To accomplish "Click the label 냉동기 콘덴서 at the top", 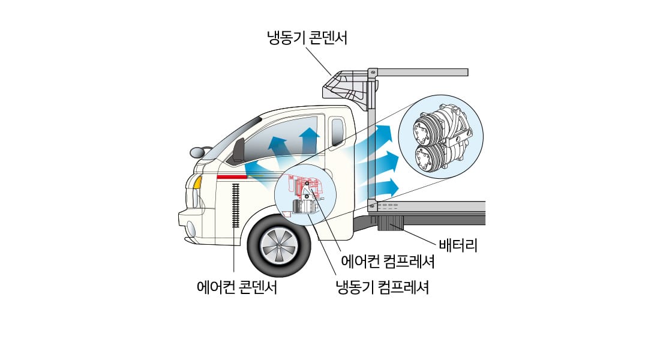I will coord(307,39).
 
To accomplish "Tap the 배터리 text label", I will coord(458,245).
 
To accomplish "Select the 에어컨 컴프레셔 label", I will coord(387,262).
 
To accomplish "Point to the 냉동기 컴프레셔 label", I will coord(382,286).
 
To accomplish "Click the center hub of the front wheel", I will coord(279,247).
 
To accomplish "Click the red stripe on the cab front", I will coord(232,177).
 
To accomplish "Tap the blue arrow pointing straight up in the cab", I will coord(309,139).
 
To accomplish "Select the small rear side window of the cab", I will coord(337,133).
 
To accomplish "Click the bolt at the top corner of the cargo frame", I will coord(373,73).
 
